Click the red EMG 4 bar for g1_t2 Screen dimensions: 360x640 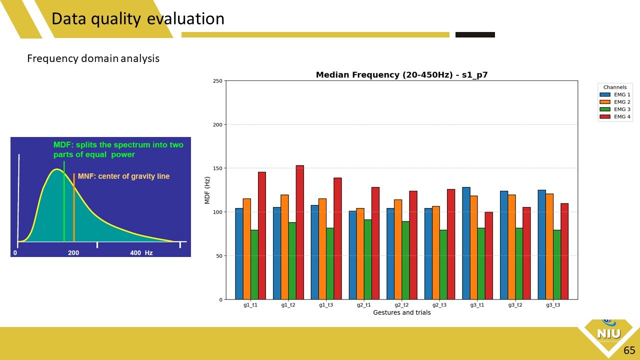300,232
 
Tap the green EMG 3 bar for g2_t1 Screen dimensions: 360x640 367,259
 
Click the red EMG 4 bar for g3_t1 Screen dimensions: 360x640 488,255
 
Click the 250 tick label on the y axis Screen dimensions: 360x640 217,81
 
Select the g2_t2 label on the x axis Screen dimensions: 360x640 401,305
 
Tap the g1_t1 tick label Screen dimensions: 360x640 250,305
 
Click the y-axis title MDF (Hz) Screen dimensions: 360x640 207,190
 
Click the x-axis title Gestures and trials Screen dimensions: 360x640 401,312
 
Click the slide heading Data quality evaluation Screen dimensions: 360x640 138,19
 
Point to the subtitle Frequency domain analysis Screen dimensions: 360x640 93,58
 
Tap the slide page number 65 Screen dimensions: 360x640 629,350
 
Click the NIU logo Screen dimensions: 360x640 608,333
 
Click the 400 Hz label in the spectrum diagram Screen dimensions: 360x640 141,253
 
